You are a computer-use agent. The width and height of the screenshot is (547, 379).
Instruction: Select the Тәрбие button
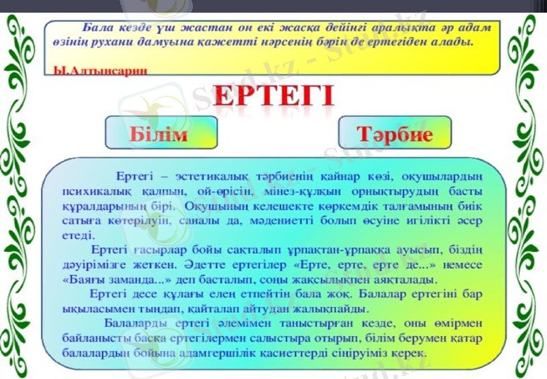point(395,134)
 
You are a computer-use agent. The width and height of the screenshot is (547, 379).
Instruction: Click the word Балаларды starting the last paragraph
point(137,324)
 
